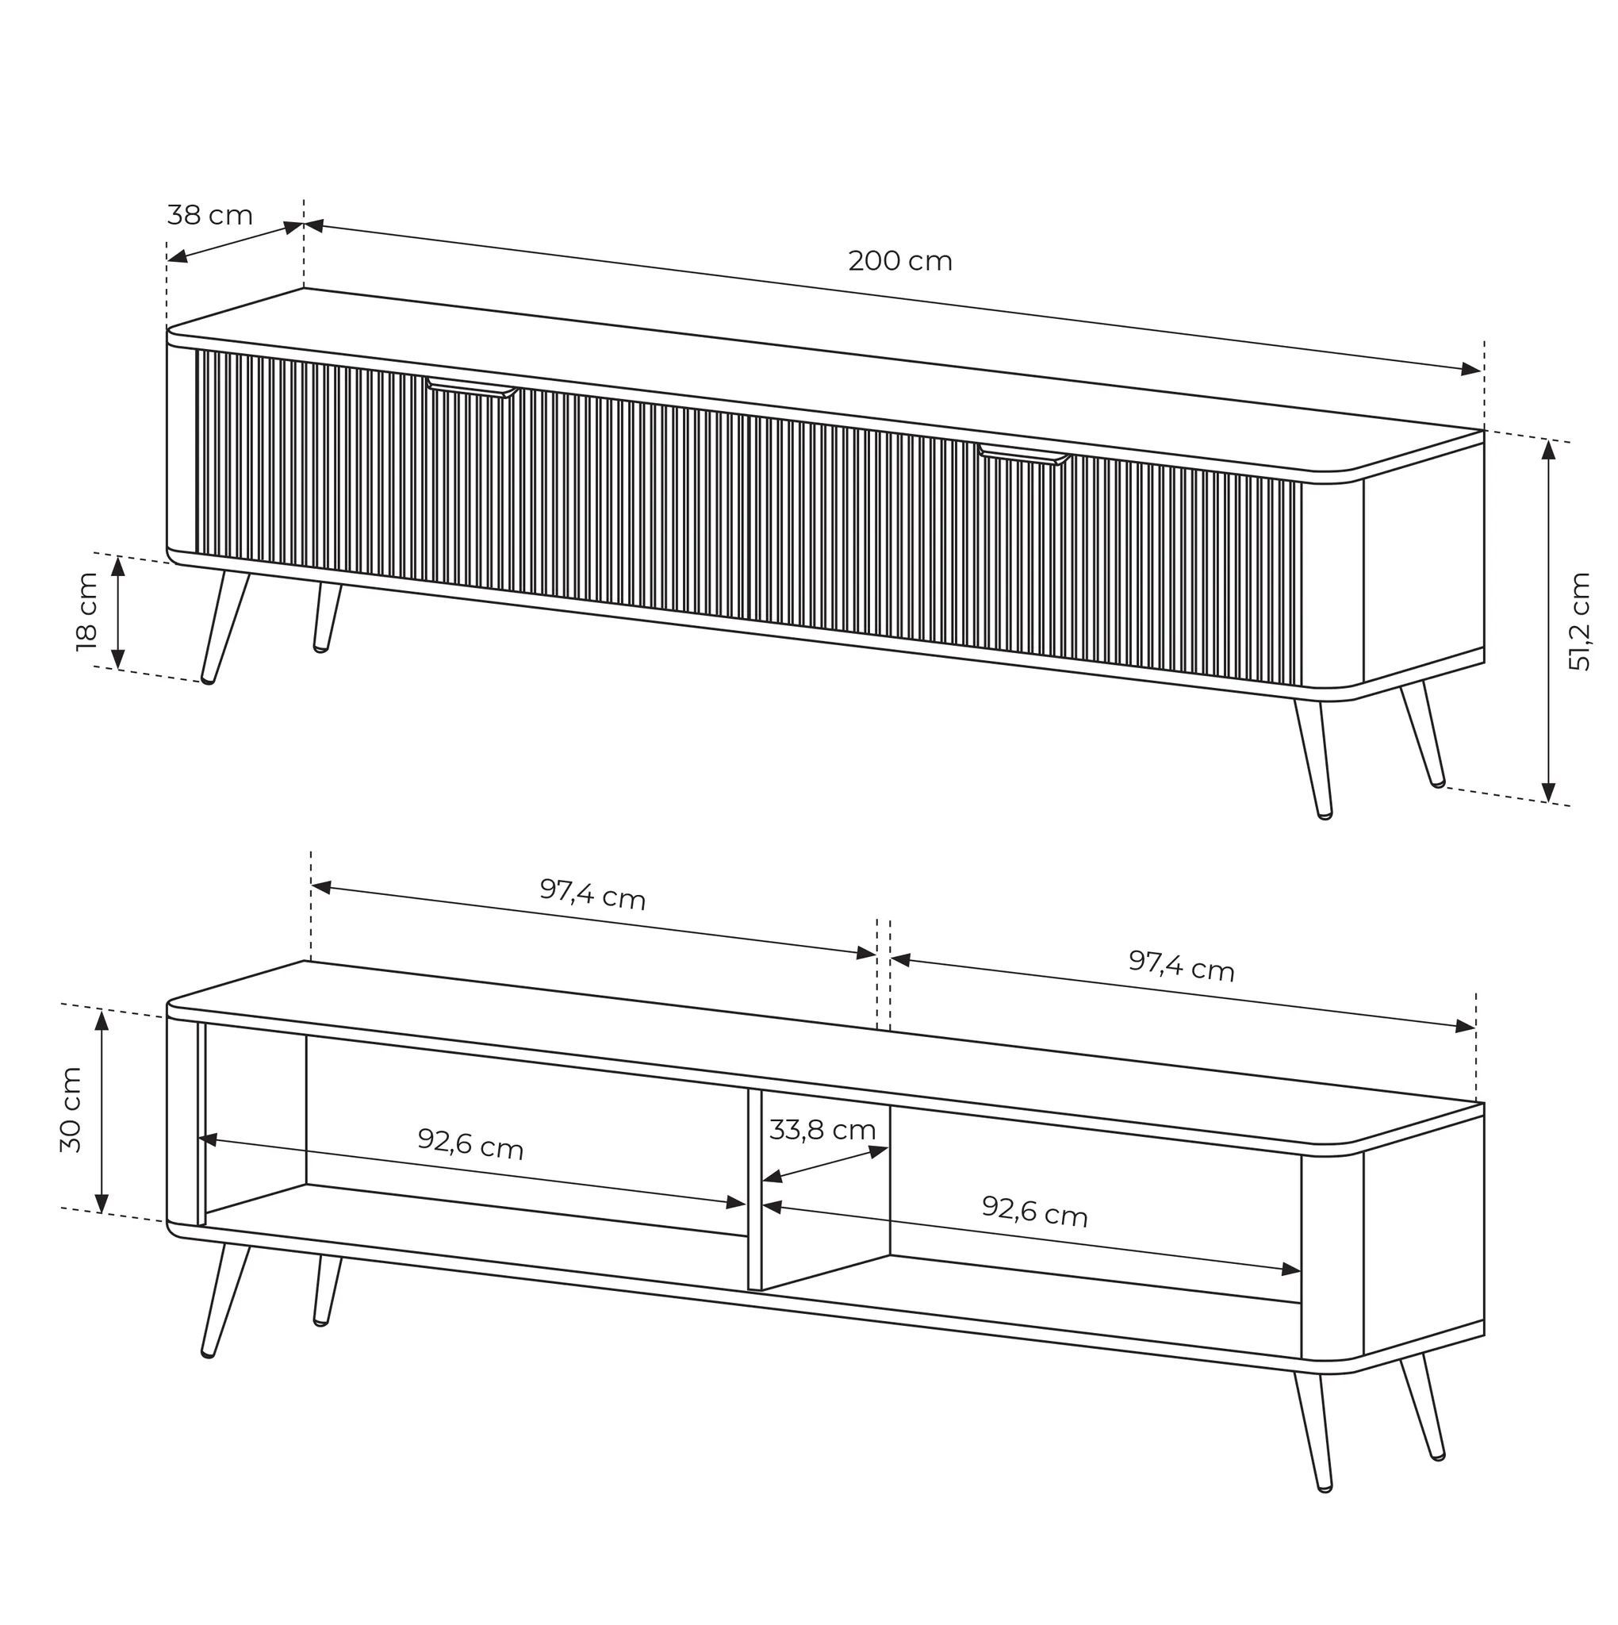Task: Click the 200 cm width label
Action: click(x=900, y=262)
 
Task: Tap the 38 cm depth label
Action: click(x=209, y=215)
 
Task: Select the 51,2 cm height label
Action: click(x=1579, y=620)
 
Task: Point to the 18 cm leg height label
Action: click(x=86, y=612)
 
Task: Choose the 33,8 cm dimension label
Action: click(x=822, y=1131)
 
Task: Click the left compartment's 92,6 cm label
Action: click(x=471, y=1143)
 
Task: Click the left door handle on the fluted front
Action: click(x=472, y=388)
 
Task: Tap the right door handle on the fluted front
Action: click(x=1023, y=456)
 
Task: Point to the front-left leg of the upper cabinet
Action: click(x=224, y=628)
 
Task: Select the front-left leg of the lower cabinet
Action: click(x=224, y=1300)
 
